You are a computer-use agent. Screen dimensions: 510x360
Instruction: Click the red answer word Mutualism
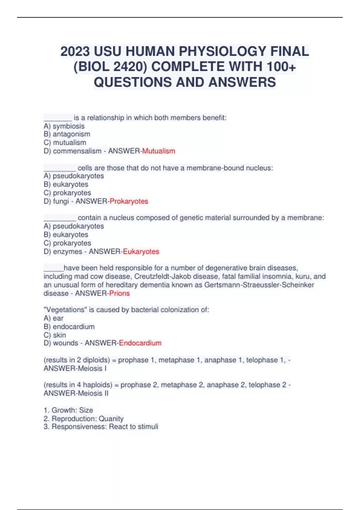[158, 151]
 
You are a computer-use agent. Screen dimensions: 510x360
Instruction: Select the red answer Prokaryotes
[129, 201]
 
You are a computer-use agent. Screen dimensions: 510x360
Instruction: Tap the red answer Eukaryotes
[141, 251]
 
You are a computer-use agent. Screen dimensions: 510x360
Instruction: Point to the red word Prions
[119, 293]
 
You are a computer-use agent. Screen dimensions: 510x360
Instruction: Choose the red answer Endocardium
[140, 343]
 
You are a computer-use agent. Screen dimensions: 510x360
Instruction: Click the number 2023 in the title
[75, 51]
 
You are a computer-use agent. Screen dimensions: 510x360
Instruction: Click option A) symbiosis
[64, 126]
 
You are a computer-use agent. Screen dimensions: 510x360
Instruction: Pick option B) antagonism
[67, 134]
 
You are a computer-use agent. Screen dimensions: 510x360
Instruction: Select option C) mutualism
[65, 142]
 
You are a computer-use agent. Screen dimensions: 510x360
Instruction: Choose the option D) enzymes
[63, 251]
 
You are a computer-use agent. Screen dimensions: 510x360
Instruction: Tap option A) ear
[53, 318]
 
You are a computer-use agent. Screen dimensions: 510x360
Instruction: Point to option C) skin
[55, 335]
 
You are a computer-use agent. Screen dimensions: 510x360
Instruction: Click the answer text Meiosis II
[93, 393]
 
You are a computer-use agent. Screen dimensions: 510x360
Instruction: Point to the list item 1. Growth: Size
[68, 410]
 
